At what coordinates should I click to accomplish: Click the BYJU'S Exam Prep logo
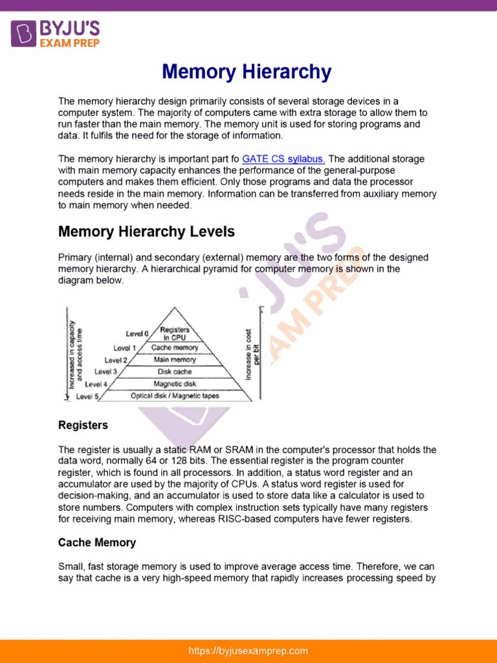click(56, 33)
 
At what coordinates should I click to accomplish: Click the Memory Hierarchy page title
click(247, 72)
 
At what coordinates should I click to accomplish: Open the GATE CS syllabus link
click(283, 159)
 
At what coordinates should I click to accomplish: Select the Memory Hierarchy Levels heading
click(146, 232)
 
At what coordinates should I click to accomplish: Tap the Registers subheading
click(83, 425)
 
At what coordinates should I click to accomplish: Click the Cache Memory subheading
click(97, 543)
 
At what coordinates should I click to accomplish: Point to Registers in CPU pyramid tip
click(175, 333)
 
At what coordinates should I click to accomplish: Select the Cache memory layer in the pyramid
click(175, 348)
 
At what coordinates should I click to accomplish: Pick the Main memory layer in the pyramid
click(175, 359)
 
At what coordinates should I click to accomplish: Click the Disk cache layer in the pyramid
click(175, 372)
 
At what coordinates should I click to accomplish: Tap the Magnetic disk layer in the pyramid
click(175, 384)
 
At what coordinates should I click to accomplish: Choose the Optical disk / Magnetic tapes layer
click(175, 396)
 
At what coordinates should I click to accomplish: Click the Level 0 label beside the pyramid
click(137, 334)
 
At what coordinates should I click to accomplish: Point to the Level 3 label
click(105, 372)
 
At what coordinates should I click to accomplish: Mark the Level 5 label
click(87, 396)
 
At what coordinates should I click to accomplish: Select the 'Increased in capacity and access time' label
click(75, 354)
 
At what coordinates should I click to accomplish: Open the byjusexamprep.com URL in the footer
click(248, 651)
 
